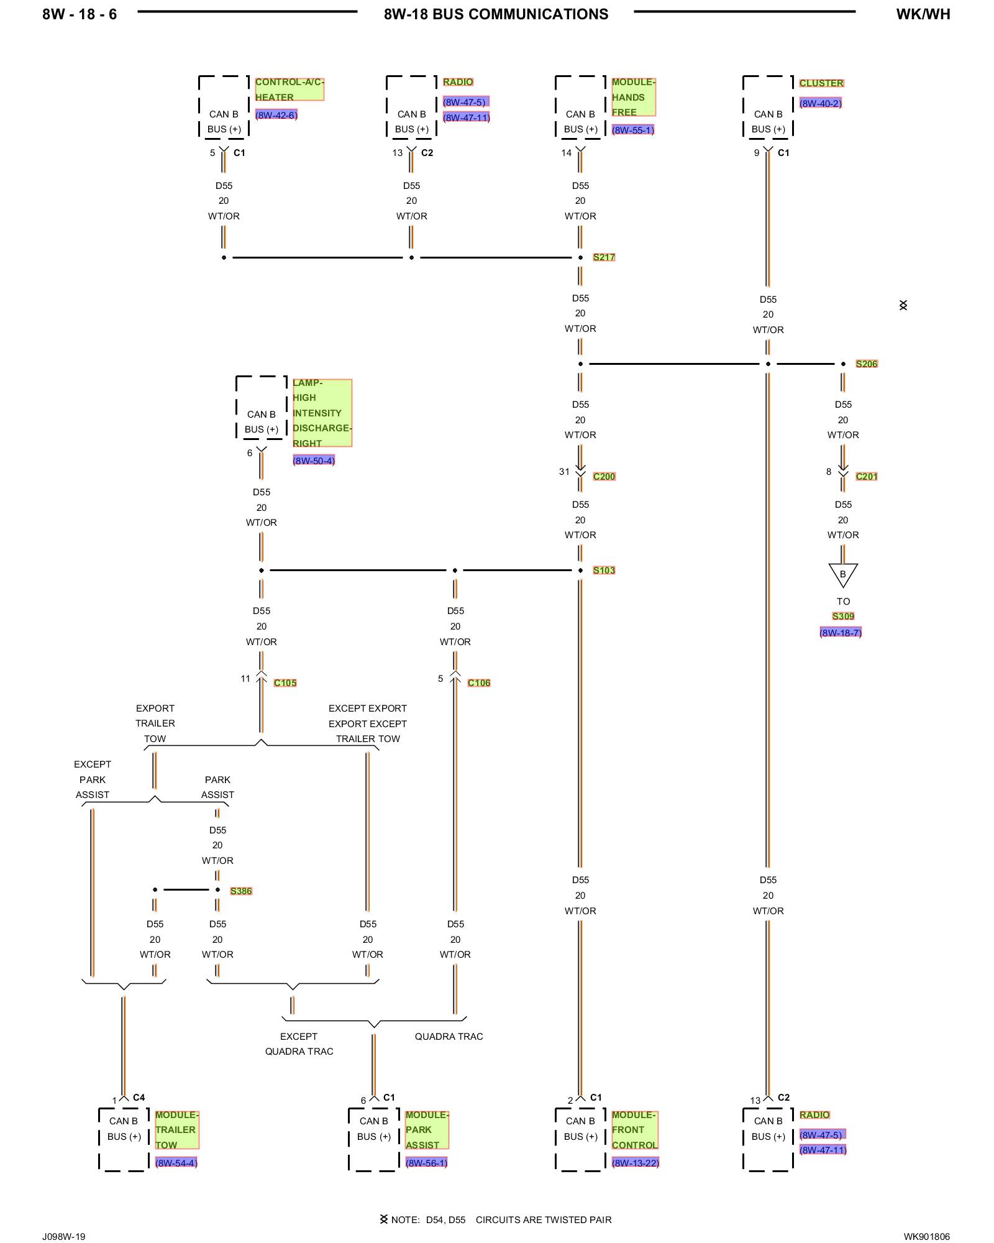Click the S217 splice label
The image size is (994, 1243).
[603, 257]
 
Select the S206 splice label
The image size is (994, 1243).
[866, 364]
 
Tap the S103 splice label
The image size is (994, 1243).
[603, 570]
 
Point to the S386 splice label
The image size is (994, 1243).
[241, 891]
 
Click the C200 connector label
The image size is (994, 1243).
[604, 476]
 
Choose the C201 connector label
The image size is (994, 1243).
[866, 476]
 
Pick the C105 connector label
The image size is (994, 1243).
[285, 682]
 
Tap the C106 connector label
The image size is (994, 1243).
[479, 682]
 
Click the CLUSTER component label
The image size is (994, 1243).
[821, 83]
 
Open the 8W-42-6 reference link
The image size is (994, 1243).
[276, 115]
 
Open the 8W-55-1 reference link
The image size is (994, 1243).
[633, 130]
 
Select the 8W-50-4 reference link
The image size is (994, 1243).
[314, 461]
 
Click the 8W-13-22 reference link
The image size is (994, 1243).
[636, 1162]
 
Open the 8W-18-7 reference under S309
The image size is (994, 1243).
[841, 633]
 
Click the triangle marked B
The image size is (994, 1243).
[843, 574]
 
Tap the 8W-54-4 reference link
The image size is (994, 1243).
[176, 1162]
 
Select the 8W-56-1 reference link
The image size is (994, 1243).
[426, 1162]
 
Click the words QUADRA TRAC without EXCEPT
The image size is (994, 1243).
[449, 1036]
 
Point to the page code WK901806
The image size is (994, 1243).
[926, 1236]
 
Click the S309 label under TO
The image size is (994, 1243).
[843, 616]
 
